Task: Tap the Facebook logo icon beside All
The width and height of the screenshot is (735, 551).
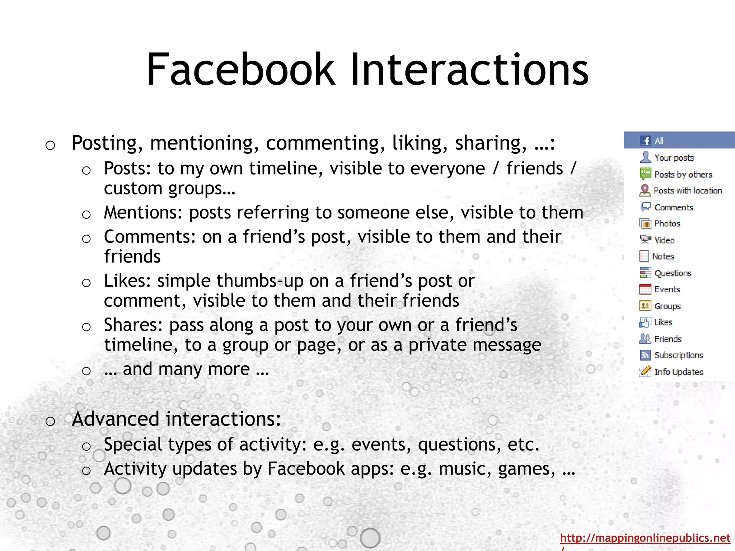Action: [645, 141]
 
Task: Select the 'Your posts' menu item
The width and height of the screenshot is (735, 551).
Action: [674, 158]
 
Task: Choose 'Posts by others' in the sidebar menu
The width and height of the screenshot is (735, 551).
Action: [683, 175]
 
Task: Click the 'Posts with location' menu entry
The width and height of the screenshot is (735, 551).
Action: [688, 191]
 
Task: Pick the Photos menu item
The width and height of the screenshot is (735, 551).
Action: [667, 224]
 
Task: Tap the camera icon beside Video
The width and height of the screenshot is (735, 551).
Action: [645, 240]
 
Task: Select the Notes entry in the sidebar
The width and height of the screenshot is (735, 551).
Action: [663, 256]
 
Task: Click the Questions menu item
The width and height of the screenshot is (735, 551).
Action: [673, 273]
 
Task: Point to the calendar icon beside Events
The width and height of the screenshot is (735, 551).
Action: [645, 289]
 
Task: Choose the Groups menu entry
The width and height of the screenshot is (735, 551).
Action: [667, 306]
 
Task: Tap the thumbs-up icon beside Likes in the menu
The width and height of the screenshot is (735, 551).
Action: [645, 322]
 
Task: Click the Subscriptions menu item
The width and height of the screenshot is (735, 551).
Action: [678, 355]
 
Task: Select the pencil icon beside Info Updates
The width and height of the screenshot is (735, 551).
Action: [645, 372]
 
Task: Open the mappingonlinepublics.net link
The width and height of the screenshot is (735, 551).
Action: [645, 538]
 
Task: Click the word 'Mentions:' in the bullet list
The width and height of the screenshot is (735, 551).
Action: [143, 213]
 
